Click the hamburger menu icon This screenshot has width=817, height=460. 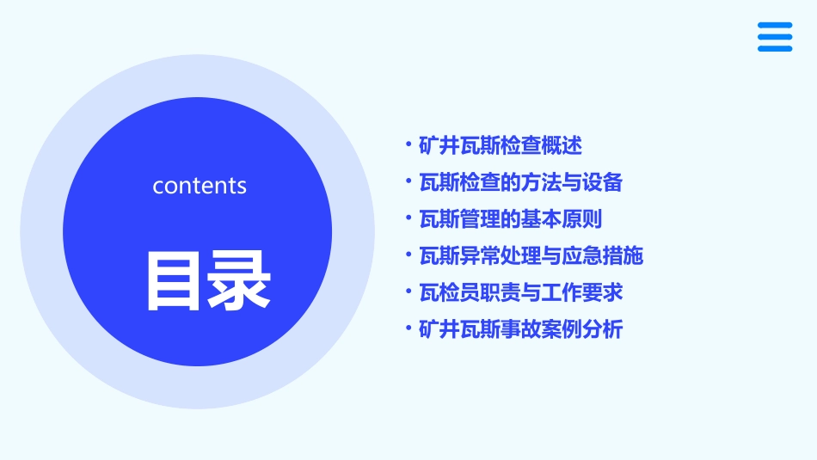point(775,37)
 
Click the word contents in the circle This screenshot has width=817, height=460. point(200,186)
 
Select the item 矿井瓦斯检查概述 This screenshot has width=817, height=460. point(501,146)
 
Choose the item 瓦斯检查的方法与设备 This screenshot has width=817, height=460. point(520,183)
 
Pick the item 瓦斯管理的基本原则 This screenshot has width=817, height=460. point(511,219)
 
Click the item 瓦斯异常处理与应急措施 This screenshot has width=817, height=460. point(531,256)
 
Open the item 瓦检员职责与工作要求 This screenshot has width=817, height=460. point(520,293)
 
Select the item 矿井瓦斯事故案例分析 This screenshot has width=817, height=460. point(520,329)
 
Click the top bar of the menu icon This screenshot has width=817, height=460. point(775,25)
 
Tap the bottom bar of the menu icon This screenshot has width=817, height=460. point(775,49)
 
